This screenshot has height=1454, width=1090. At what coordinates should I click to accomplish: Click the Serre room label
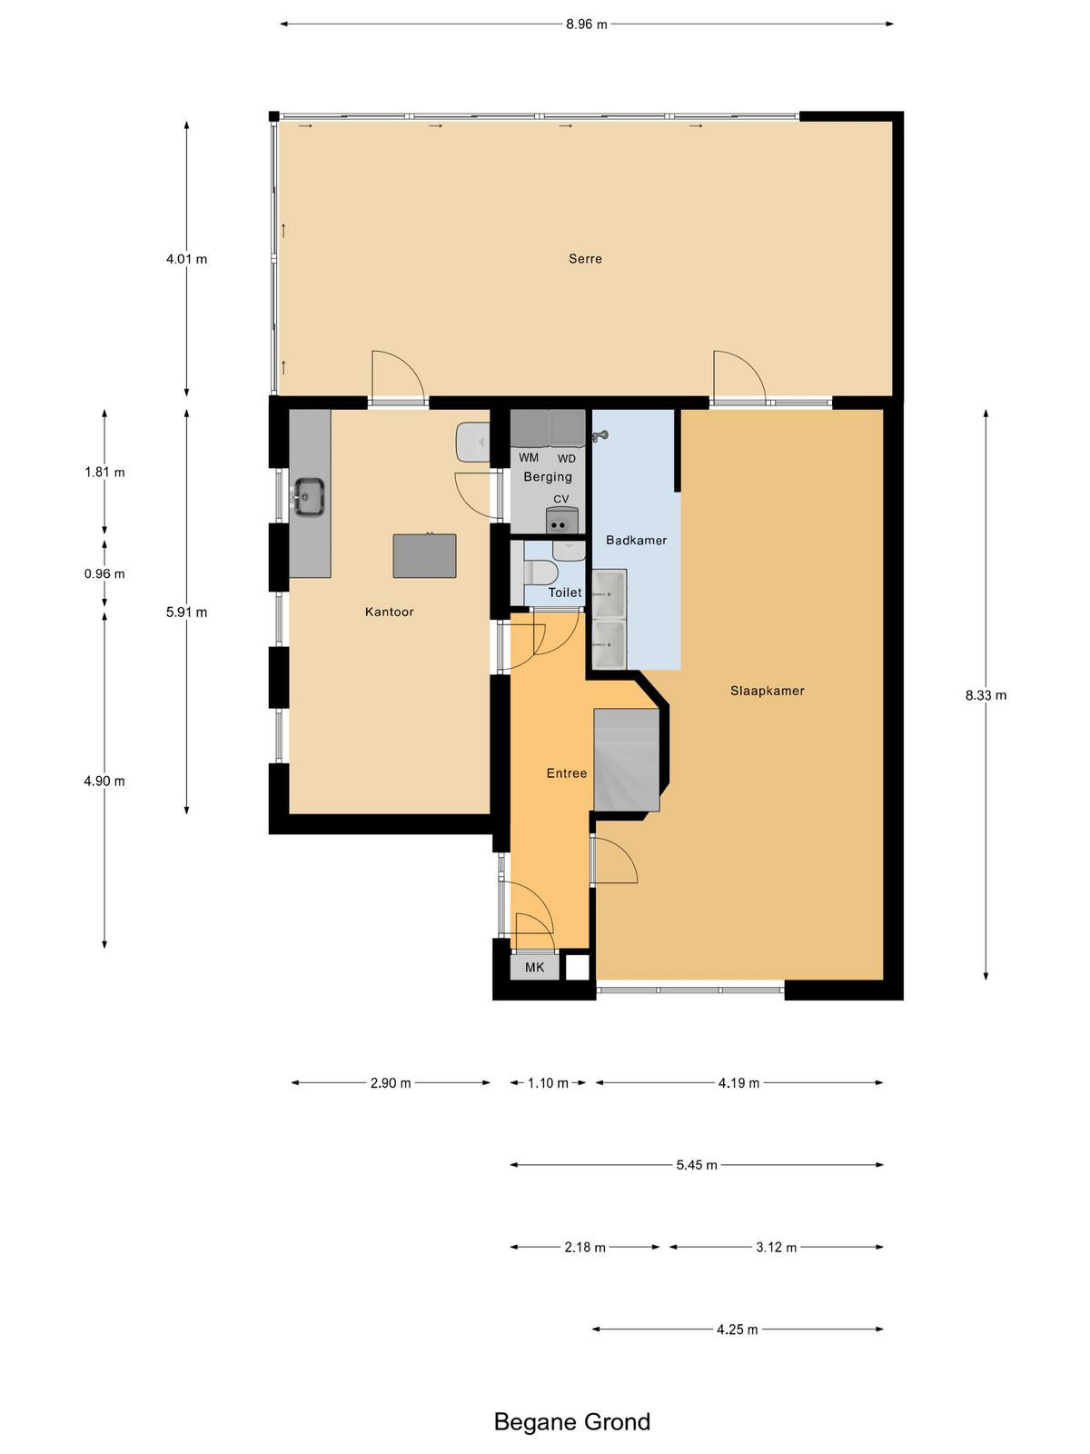point(585,258)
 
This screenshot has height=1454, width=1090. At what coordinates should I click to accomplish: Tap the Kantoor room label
point(389,612)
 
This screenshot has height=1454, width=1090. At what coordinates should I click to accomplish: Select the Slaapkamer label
point(767,691)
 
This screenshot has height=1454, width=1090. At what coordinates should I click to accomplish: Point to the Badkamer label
point(636,540)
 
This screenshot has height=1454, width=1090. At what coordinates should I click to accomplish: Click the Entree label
point(567,773)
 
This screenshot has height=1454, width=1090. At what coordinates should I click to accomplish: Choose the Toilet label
point(564,593)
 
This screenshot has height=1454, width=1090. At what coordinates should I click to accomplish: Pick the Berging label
point(548,477)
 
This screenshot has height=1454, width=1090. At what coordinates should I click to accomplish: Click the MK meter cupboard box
point(535,967)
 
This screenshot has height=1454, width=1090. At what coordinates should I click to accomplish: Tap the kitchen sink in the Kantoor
point(309,496)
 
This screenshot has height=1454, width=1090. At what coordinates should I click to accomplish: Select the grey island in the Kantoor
point(424,556)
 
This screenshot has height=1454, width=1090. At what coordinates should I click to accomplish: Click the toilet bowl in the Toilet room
point(540,573)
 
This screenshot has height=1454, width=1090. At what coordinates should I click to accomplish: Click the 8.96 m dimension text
point(586,25)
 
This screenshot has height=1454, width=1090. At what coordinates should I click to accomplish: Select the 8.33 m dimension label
point(986,695)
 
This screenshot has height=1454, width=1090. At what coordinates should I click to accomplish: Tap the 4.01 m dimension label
point(186,259)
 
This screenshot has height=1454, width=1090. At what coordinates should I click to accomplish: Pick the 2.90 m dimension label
point(391,1083)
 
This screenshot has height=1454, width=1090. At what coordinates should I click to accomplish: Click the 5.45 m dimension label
point(696,1165)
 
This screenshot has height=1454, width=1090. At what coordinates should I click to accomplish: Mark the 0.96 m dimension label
point(104,573)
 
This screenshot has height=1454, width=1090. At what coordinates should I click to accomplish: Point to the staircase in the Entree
point(627,760)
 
